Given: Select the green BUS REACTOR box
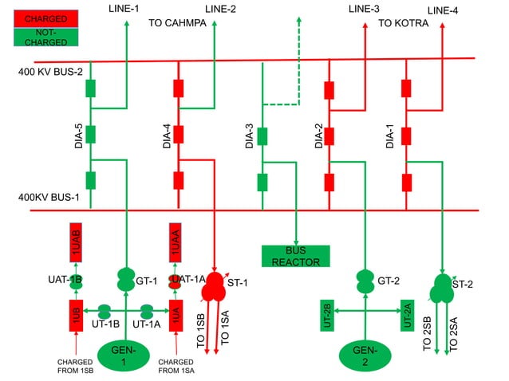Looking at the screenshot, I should point(295,256).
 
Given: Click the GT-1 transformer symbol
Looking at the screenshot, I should point(125,280).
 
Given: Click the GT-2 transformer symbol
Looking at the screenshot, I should point(365,280).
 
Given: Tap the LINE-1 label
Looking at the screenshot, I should point(123,8).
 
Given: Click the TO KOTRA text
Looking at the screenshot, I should point(403,23).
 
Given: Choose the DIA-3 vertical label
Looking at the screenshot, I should point(250,136).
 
